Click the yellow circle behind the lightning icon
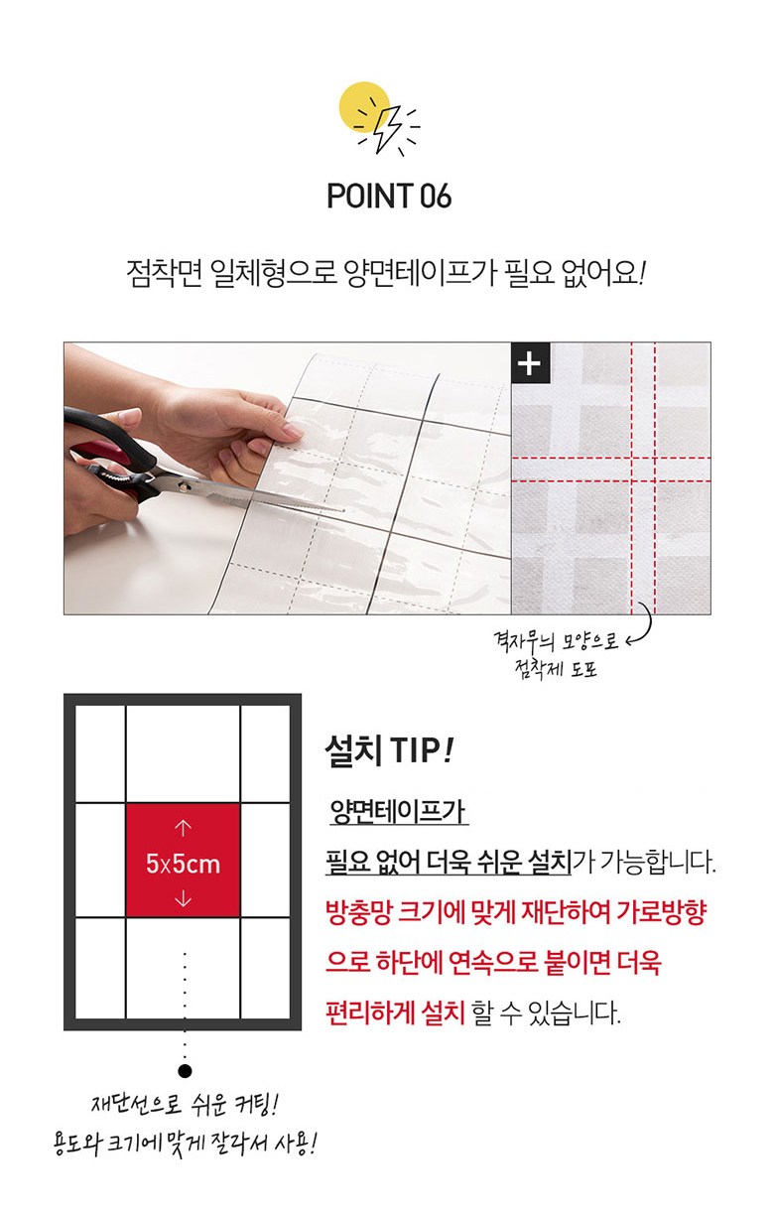364,107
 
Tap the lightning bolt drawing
388,129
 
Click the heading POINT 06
389,196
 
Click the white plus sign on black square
530,363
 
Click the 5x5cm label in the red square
183,864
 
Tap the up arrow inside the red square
183,828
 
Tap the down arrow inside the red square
183,899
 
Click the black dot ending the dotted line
186,1071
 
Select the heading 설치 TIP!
389,750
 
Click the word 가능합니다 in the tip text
658,862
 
